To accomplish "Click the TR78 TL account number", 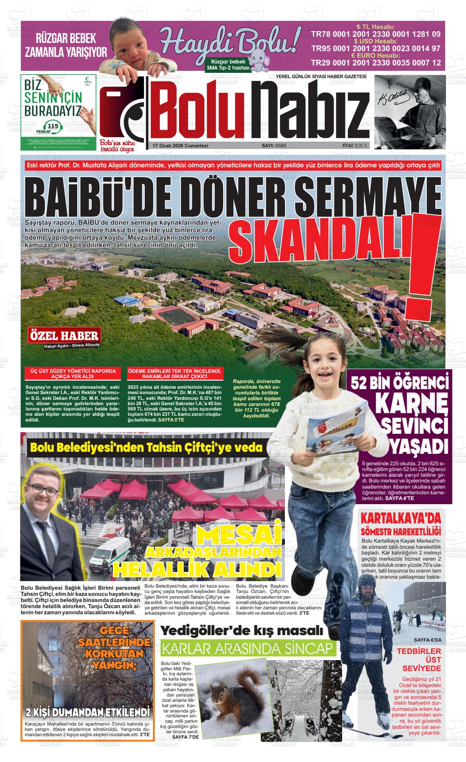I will coord(376,34).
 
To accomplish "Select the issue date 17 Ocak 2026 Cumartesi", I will coord(180,146).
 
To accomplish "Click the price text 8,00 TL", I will coord(361,146).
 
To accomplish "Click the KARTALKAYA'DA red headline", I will coord(401,519).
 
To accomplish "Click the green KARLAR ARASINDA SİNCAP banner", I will coord(249,649).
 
